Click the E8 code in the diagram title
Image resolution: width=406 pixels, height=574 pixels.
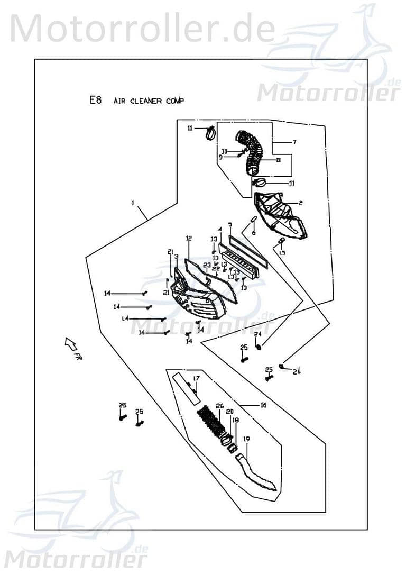[x=95, y=100]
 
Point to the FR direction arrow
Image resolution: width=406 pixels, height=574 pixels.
[x=71, y=345]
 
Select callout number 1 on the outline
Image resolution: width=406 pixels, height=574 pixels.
[x=133, y=203]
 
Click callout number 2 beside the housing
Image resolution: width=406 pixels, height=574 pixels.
[x=300, y=203]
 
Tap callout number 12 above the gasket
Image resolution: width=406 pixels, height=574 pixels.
[x=188, y=239]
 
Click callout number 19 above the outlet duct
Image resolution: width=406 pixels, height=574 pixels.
[x=246, y=439]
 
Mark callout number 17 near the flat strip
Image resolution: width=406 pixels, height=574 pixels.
[x=196, y=378]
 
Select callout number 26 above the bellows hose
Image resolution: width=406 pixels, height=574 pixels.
[x=219, y=406]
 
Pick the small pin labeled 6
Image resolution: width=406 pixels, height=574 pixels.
[x=253, y=220]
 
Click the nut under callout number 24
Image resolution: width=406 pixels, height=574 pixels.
[x=259, y=348]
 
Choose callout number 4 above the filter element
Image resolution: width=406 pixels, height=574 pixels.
[x=220, y=230]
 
